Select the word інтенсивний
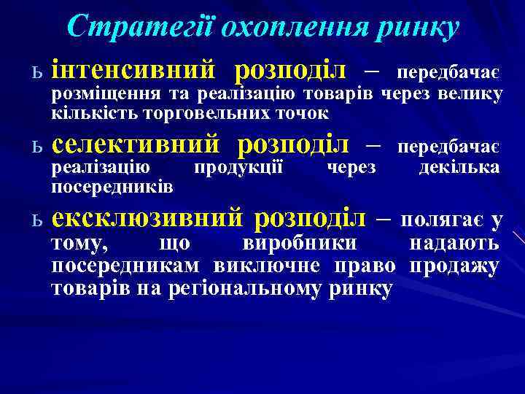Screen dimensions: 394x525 click(x=134, y=71)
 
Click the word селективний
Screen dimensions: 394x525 click(x=136, y=144)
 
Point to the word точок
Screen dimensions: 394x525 click(x=306, y=113)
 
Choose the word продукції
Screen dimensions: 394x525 click(x=238, y=168)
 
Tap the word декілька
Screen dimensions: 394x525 click(x=459, y=168)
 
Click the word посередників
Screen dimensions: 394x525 click(x=112, y=187)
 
